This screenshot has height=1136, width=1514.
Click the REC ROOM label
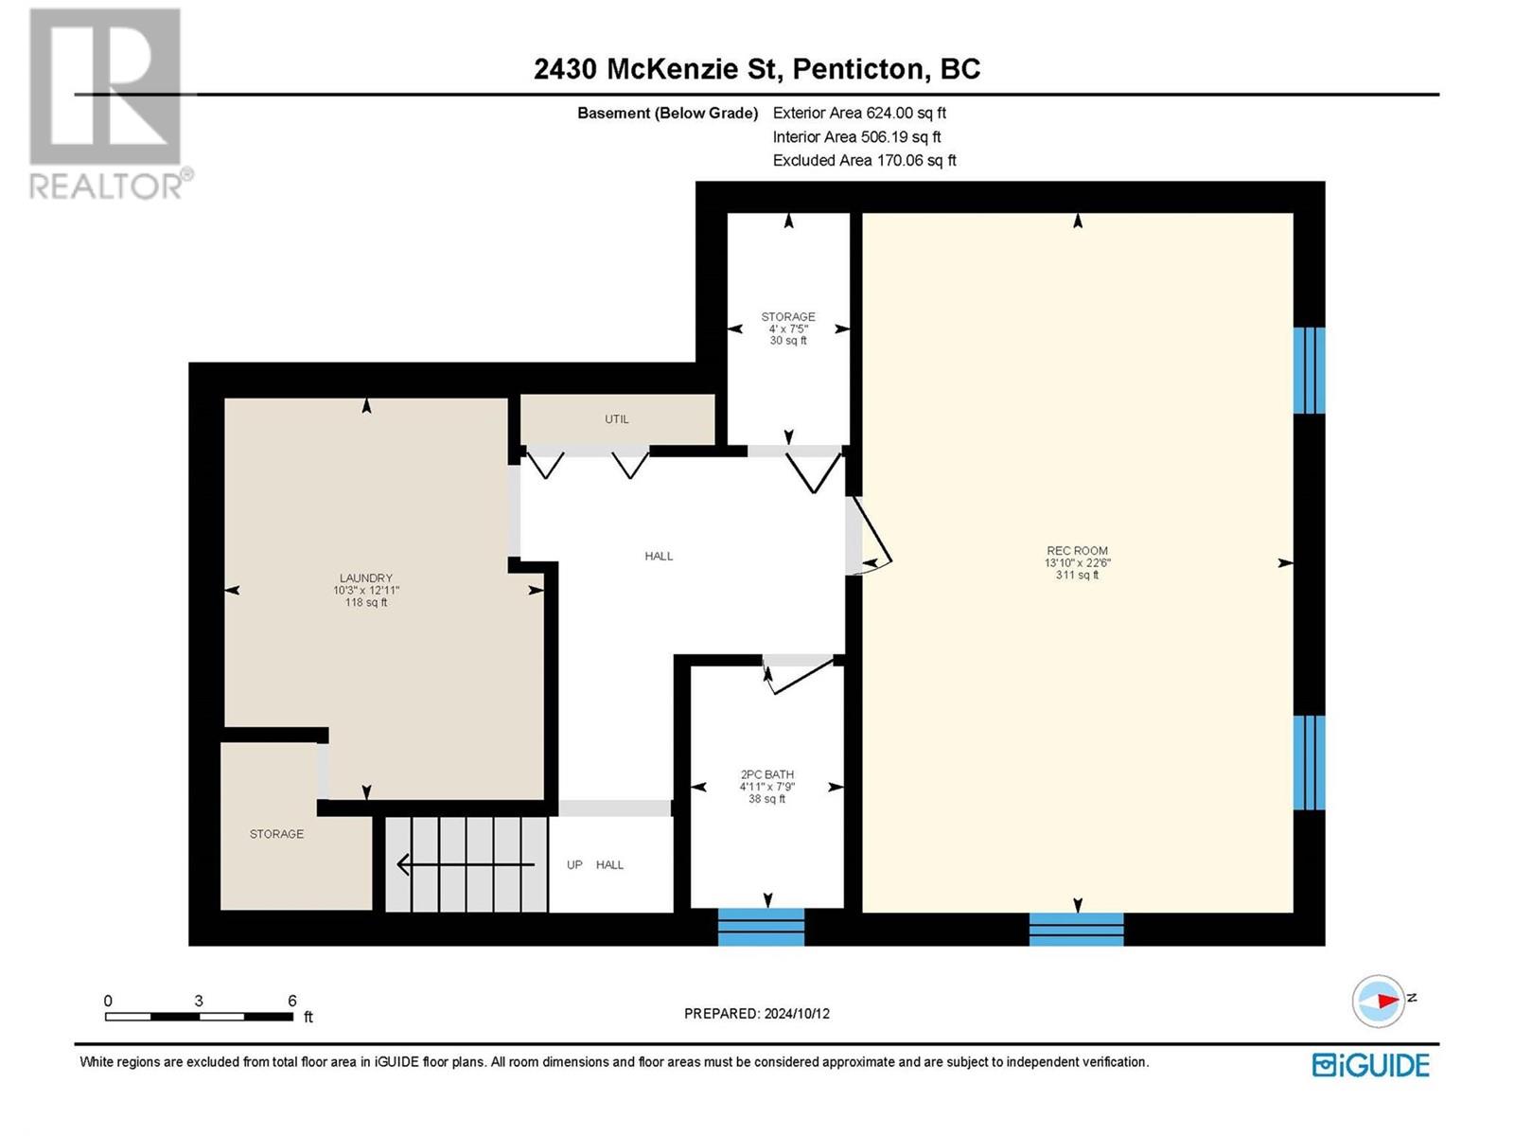(1077, 550)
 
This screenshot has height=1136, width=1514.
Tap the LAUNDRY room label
(365, 578)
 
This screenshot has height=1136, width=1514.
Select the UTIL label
(617, 418)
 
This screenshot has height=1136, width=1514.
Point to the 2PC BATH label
(767, 774)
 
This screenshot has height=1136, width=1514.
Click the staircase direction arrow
(466, 864)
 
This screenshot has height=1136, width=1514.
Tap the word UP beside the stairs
(574, 865)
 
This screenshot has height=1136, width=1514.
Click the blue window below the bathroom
(761, 927)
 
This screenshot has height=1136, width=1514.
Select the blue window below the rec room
(1076, 929)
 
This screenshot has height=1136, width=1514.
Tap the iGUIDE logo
(1370, 1065)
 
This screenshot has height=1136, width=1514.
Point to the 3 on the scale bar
(199, 1000)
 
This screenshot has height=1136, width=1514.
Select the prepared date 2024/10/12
(797, 1014)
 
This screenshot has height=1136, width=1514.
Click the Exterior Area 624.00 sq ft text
(859, 113)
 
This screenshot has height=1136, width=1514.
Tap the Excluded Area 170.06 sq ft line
(864, 161)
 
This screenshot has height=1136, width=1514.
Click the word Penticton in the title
(858, 69)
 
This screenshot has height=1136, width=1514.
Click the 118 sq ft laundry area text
(365, 603)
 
